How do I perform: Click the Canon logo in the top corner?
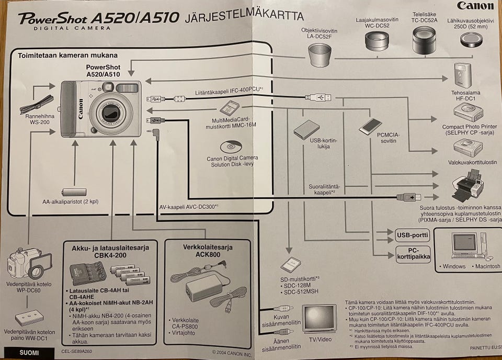[475, 6]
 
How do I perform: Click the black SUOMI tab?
[29, 353]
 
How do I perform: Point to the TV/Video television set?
[318, 318]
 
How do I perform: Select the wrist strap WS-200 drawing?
[37, 103]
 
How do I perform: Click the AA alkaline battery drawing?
[73, 192]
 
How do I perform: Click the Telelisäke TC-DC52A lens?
[424, 41]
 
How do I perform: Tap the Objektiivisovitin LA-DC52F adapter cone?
[320, 54]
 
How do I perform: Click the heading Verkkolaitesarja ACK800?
[208, 251]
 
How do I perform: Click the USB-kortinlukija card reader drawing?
[306, 128]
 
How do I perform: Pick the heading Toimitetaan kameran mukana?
[68, 55]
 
